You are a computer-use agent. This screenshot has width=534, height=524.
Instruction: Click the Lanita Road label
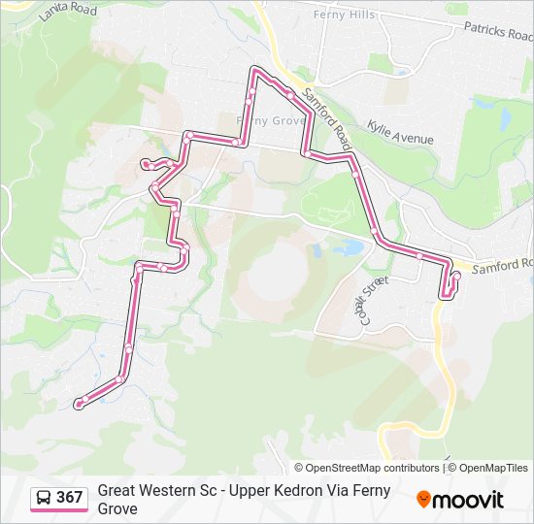[x=68, y=12]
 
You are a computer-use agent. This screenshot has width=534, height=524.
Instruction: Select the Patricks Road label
[x=498, y=32]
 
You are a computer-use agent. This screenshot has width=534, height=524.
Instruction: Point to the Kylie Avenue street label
[x=400, y=132]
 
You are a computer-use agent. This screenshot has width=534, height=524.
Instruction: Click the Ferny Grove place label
[x=271, y=120]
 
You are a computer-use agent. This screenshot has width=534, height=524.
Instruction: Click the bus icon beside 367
[x=44, y=498]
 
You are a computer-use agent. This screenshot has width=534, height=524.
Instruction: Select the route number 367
[x=70, y=498]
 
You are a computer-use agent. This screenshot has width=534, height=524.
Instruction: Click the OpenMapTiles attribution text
[x=492, y=468]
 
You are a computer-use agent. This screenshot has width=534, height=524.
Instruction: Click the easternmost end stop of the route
[x=456, y=277]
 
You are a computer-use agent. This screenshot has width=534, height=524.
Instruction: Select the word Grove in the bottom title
[x=117, y=508]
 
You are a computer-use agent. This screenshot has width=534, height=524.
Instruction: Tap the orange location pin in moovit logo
[x=423, y=500]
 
